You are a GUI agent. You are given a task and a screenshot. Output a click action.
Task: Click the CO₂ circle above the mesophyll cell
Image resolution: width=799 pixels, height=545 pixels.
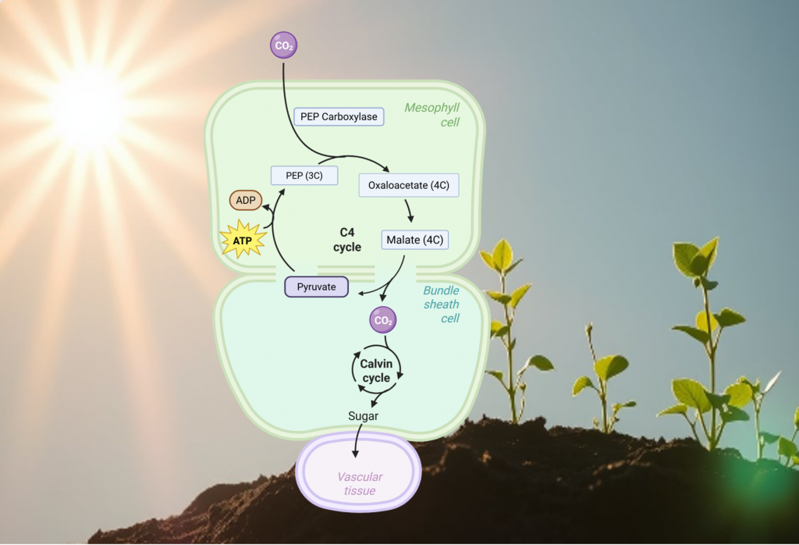[x=282, y=45]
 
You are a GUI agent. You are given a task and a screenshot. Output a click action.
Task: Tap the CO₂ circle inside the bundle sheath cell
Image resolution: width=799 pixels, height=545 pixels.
[x=382, y=320]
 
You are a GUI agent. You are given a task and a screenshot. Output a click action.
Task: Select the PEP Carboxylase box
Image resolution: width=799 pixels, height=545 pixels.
[x=339, y=117]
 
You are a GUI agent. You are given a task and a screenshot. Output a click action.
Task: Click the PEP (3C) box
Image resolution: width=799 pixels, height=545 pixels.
[x=304, y=175]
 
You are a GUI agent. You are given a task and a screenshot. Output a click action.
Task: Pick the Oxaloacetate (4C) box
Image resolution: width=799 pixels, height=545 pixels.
[x=408, y=185]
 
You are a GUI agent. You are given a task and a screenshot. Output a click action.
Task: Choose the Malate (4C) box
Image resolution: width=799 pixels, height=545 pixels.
[x=416, y=240]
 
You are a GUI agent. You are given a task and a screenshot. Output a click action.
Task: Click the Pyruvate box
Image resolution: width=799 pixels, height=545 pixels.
[x=316, y=287]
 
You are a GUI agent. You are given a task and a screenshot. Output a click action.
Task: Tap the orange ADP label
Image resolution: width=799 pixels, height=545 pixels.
[x=246, y=201]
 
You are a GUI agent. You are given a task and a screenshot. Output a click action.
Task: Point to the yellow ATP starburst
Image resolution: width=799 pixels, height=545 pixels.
[x=243, y=240]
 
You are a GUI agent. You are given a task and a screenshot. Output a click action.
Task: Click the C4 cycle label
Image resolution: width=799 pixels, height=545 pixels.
[x=347, y=240]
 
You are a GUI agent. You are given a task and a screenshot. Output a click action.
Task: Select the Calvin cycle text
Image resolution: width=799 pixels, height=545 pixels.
[x=376, y=371]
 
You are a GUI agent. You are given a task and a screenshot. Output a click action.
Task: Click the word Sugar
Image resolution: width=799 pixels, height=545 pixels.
[x=363, y=416]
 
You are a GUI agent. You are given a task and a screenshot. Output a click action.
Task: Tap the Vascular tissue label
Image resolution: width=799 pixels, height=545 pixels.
[x=360, y=483]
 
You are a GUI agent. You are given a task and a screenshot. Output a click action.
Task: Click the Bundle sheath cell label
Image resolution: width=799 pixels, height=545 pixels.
[x=441, y=304]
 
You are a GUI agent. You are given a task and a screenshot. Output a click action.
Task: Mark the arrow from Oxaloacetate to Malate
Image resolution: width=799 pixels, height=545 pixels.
[x=409, y=209]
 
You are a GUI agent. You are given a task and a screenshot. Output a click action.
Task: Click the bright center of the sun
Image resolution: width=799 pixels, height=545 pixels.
[x=87, y=105]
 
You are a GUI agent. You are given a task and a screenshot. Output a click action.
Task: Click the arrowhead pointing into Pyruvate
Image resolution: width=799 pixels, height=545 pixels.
[x=361, y=294]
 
